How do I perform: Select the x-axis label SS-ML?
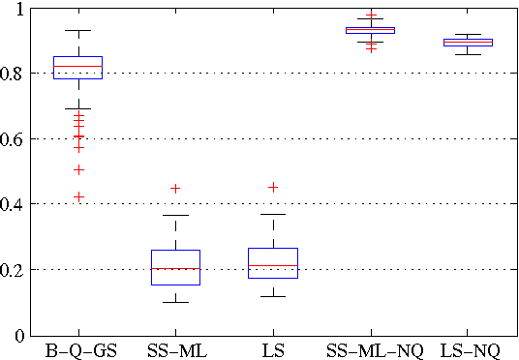pos(175,349)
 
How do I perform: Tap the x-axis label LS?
pos(273,349)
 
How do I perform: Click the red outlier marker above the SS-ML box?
pos(175,189)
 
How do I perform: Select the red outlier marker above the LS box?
pos(273,187)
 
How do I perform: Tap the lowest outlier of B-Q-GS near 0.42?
pos(79,197)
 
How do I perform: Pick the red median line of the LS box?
pos(273,265)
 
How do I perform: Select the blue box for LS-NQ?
pos(467,43)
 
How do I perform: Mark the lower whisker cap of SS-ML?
pos(175,302)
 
